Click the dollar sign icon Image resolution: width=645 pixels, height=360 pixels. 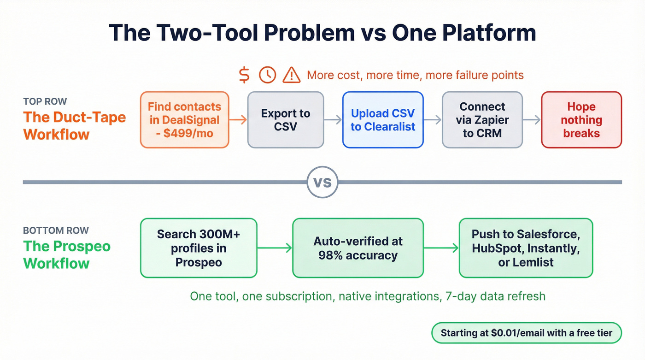tap(245, 75)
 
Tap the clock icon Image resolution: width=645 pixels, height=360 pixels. tap(267, 75)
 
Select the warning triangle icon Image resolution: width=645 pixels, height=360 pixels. tap(291, 75)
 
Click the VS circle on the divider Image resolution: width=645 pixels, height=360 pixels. tap(322, 182)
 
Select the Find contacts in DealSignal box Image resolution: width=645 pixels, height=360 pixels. tap(184, 120)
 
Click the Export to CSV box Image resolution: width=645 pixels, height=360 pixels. tap(286, 120)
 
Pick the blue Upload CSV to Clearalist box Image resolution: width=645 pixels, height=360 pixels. tap(382, 120)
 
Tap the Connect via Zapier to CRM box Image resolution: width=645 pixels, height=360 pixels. tap(482, 120)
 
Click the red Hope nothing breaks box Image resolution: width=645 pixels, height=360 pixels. tap(581, 120)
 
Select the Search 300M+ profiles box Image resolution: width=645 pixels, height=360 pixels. tap(199, 248)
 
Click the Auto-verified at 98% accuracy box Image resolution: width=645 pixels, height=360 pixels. tap(358, 248)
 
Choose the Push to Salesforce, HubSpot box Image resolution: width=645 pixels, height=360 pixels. tap(526, 248)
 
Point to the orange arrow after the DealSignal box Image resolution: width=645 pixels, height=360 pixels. tap(238, 120)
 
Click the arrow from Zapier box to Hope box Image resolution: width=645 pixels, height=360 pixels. tap(532, 120)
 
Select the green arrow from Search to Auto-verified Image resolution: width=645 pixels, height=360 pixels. tap(275, 248)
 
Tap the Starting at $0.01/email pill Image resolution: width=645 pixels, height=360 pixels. tap(526, 333)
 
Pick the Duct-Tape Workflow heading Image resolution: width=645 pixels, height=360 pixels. tap(75, 125)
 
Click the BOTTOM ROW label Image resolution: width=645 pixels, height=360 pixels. tap(56, 230)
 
